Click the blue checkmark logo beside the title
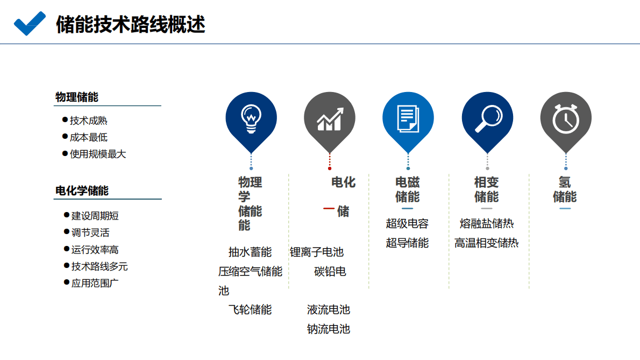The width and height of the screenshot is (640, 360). [x=30, y=24]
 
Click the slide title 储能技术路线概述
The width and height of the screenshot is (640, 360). [x=130, y=25]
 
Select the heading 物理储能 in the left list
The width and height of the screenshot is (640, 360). [x=77, y=97]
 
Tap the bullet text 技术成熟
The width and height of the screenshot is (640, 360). [x=89, y=121]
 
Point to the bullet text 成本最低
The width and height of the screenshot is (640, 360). [x=89, y=137]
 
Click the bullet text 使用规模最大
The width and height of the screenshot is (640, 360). [x=98, y=154]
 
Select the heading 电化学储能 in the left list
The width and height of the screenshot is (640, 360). [x=82, y=191]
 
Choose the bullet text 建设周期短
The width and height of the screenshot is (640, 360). [x=95, y=216]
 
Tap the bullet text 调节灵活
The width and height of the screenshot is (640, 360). [x=90, y=232]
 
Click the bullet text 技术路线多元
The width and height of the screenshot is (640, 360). [x=99, y=266]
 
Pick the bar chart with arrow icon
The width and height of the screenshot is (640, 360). [x=330, y=119]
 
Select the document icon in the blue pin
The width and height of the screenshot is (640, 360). [x=408, y=118]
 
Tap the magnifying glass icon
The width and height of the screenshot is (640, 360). [x=487, y=118]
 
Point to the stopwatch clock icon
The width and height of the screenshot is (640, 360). [x=566, y=118]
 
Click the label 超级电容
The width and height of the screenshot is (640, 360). [x=407, y=223]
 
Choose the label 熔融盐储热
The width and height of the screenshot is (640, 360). [x=487, y=223]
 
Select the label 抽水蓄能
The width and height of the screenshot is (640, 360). [x=250, y=252]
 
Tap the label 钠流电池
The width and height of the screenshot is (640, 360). [x=328, y=329]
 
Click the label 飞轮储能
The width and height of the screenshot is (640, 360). [x=250, y=309]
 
